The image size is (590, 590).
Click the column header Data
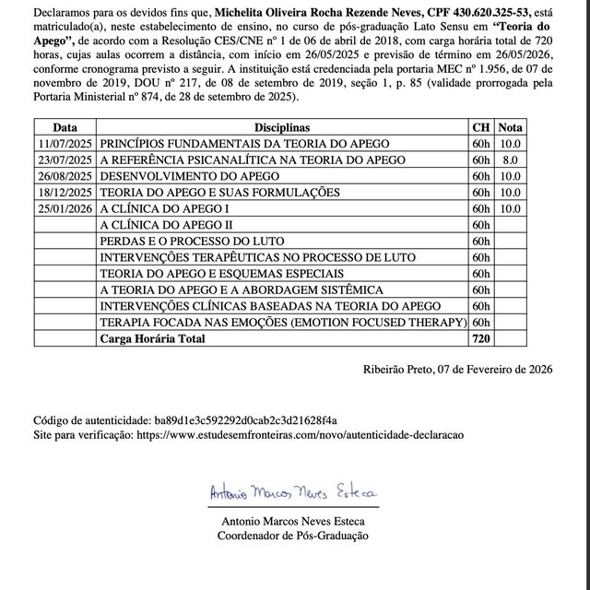(x=65, y=128)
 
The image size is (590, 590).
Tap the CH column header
(x=481, y=128)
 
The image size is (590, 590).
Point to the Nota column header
(x=510, y=128)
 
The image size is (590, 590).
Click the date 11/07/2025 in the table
(x=65, y=144)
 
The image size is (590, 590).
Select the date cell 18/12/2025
(x=65, y=192)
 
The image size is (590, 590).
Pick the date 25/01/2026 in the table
(x=65, y=208)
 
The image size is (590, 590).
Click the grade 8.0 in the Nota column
(x=510, y=159)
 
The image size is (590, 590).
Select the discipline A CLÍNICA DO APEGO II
(x=166, y=225)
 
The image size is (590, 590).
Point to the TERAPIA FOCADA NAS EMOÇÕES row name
(x=282, y=323)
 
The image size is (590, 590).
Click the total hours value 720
(x=481, y=339)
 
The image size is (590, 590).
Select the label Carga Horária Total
(x=153, y=339)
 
